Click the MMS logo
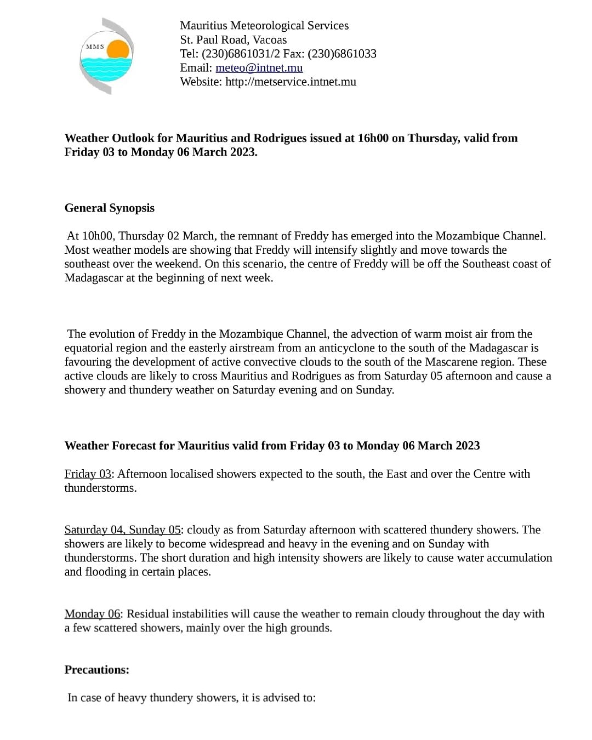tap(106, 56)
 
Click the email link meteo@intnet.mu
tap(259, 68)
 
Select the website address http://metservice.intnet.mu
tap(291, 82)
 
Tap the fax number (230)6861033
tap(342, 54)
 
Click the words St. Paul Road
tap(214, 40)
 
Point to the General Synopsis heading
tap(110, 208)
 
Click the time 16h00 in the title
tap(373, 138)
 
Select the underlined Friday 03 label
tap(88, 474)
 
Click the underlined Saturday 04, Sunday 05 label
tap(122, 530)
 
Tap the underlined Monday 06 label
tap(92, 614)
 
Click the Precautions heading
tap(97, 670)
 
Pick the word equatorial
tap(89, 348)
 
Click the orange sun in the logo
tap(118, 50)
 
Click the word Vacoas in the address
tap(270, 40)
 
